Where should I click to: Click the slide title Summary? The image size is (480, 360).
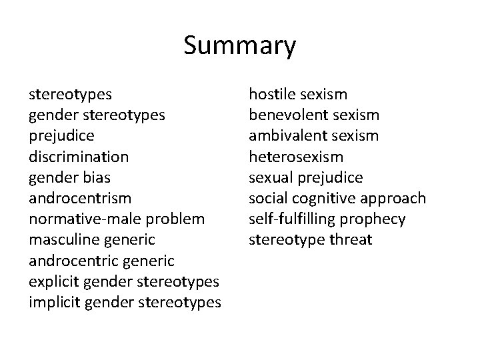[x=239, y=46]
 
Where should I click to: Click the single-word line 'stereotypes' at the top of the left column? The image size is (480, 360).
[x=70, y=95]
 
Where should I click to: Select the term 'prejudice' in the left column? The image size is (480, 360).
[x=61, y=136]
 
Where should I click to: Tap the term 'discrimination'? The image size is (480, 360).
[x=79, y=157]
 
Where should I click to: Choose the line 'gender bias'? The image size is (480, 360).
[x=69, y=177]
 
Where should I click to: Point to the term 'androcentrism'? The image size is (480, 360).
[x=79, y=198]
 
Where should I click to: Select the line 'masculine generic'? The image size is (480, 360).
[x=93, y=239]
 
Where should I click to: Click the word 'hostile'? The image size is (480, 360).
[x=272, y=95]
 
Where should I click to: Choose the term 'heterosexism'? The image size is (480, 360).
[x=296, y=157]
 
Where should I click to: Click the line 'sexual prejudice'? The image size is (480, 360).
[x=306, y=177]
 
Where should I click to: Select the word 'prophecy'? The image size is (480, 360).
[x=372, y=219]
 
